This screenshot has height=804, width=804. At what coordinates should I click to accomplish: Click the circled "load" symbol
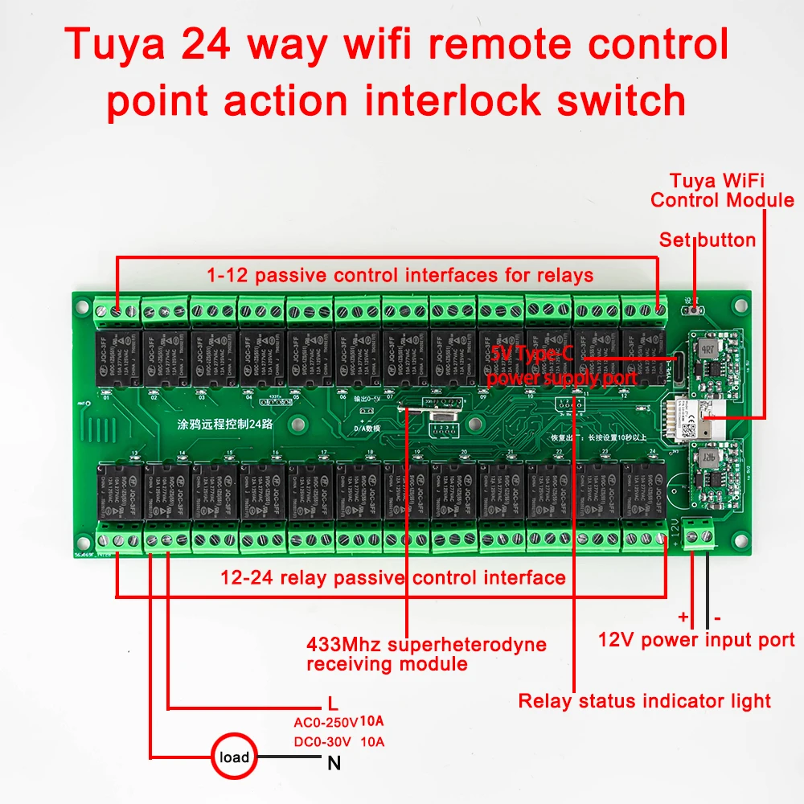click(234, 757)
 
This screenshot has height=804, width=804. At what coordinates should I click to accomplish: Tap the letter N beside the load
click(334, 764)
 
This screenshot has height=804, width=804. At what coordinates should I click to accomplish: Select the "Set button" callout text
click(708, 240)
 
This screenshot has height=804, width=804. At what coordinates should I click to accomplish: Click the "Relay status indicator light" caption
click(644, 700)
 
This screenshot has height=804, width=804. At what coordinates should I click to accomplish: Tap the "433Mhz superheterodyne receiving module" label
click(426, 654)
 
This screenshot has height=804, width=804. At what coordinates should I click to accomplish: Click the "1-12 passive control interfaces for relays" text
click(400, 275)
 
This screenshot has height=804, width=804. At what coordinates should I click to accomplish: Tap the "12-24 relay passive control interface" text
click(393, 577)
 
